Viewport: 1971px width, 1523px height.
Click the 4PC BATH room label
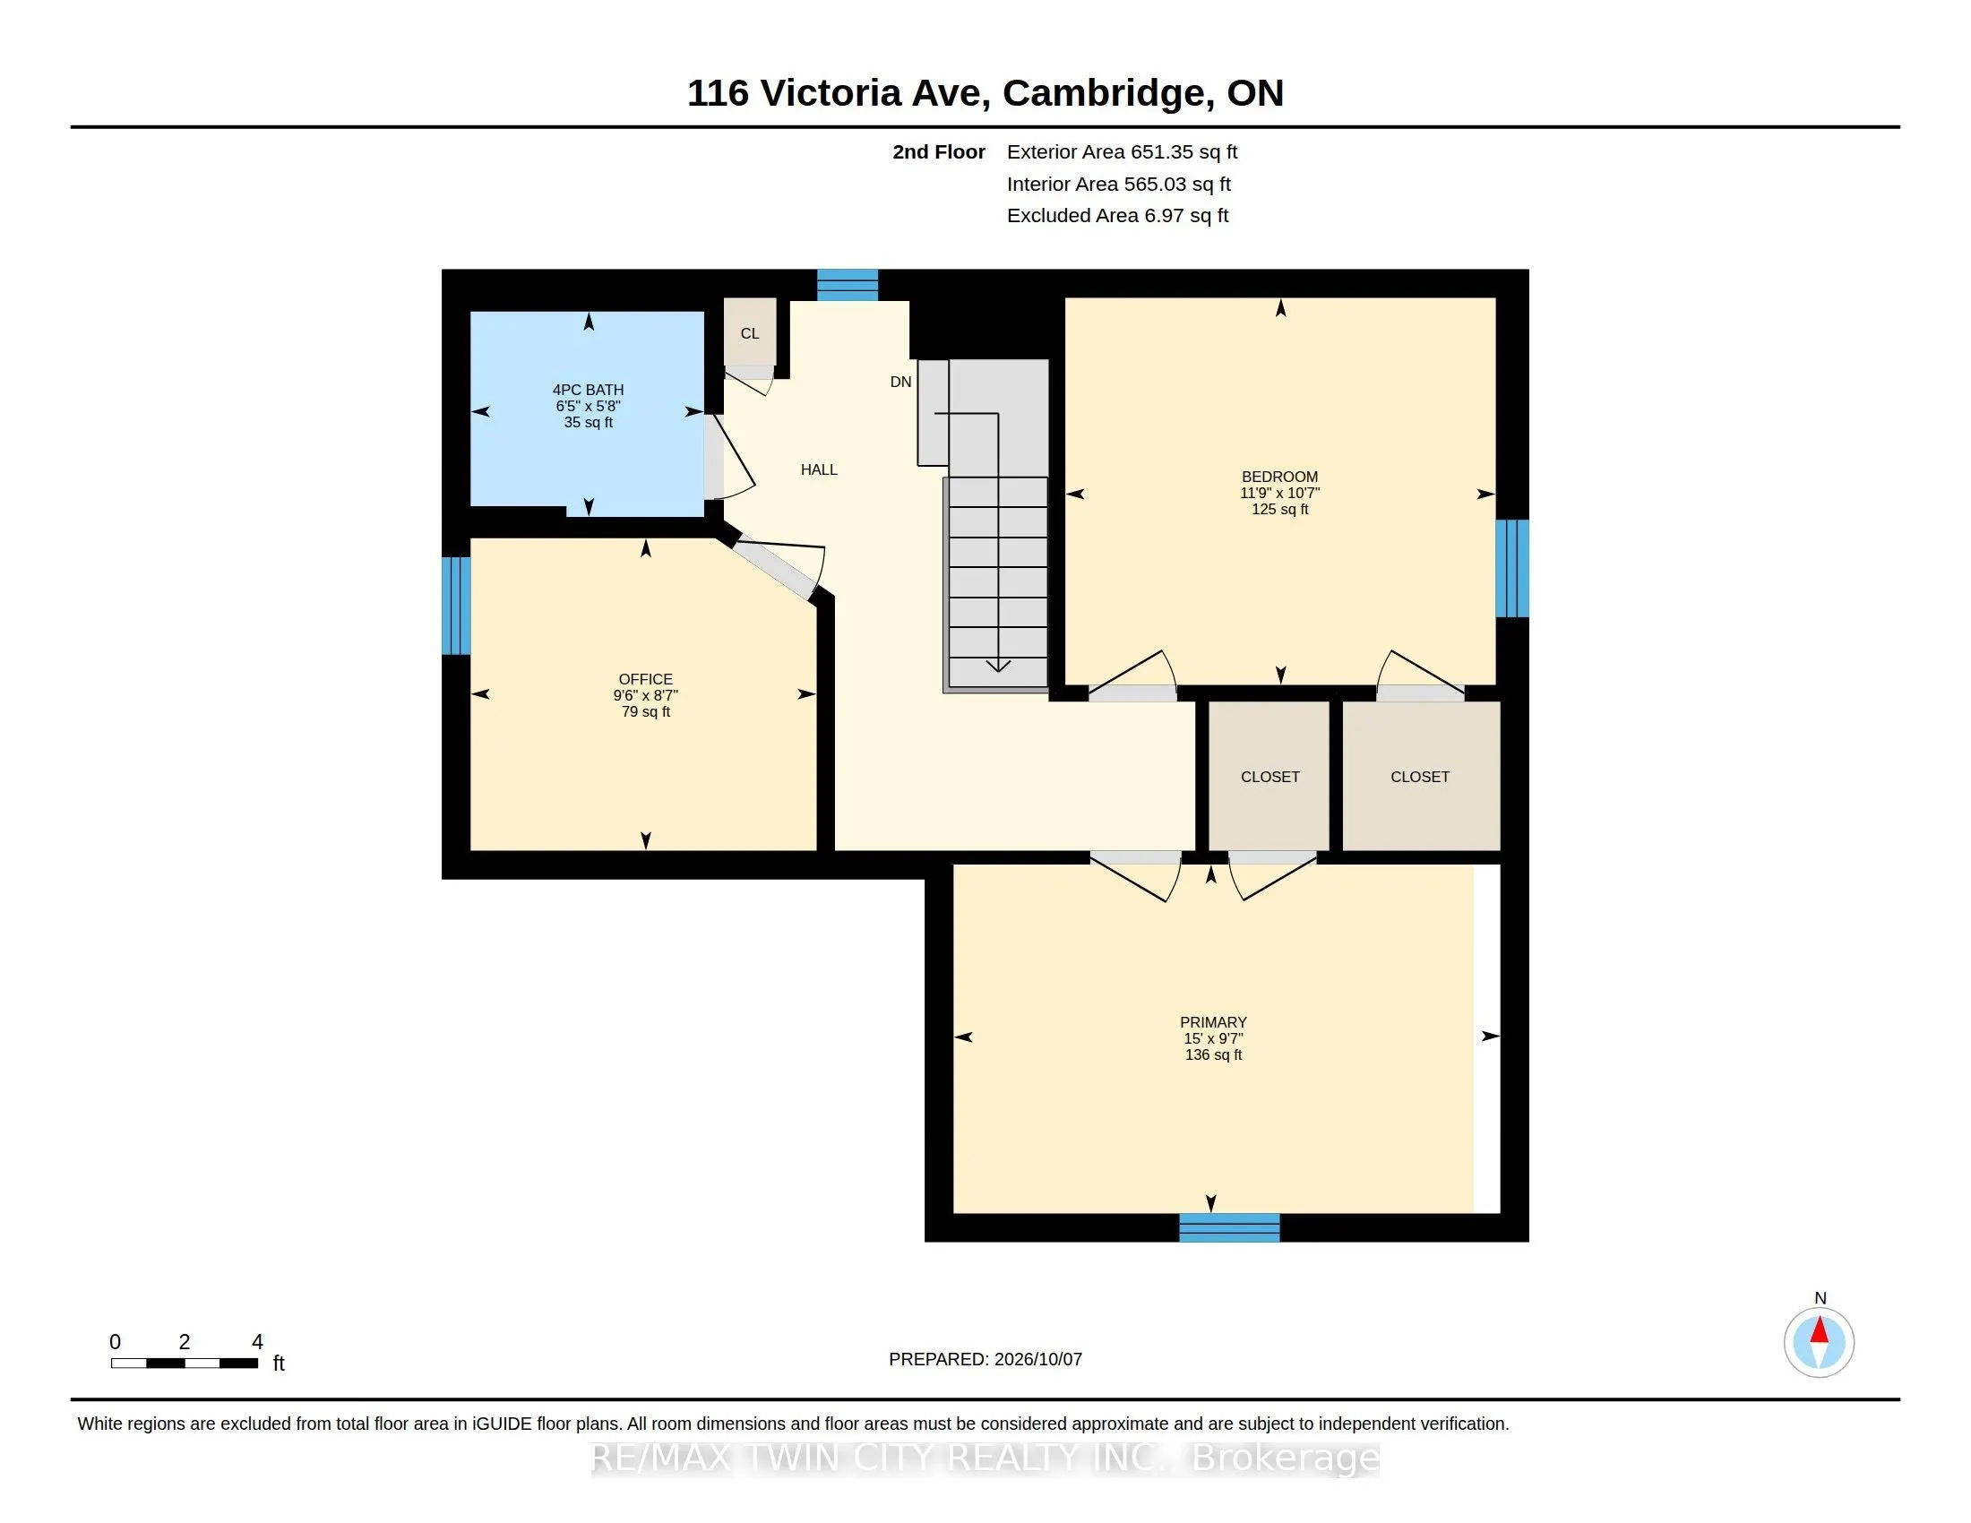(588, 390)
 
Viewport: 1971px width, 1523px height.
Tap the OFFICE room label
(645, 679)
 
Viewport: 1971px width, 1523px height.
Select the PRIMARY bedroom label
(1213, 1022)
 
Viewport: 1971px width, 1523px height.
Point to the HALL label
(819, 469)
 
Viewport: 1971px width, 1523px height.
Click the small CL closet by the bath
(750, 333)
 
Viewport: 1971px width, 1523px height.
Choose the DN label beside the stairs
(900, 382)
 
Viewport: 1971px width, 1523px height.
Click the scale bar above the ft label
(184, 1364)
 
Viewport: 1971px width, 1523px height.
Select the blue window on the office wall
(456, 606)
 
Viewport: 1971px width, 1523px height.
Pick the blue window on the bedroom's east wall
(1512, 567)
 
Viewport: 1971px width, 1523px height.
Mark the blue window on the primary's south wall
(1229, 1228)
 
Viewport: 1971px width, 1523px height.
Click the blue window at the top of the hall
(848, 284)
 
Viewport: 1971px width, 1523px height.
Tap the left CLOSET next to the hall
(1269, 776)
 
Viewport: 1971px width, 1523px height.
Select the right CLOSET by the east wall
(1422, 776)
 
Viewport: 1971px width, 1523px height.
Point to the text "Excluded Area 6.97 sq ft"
(1117, 216)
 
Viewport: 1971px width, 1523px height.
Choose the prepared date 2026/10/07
(1037, 1359)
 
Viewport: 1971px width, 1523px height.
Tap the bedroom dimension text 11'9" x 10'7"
(1279, 493)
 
